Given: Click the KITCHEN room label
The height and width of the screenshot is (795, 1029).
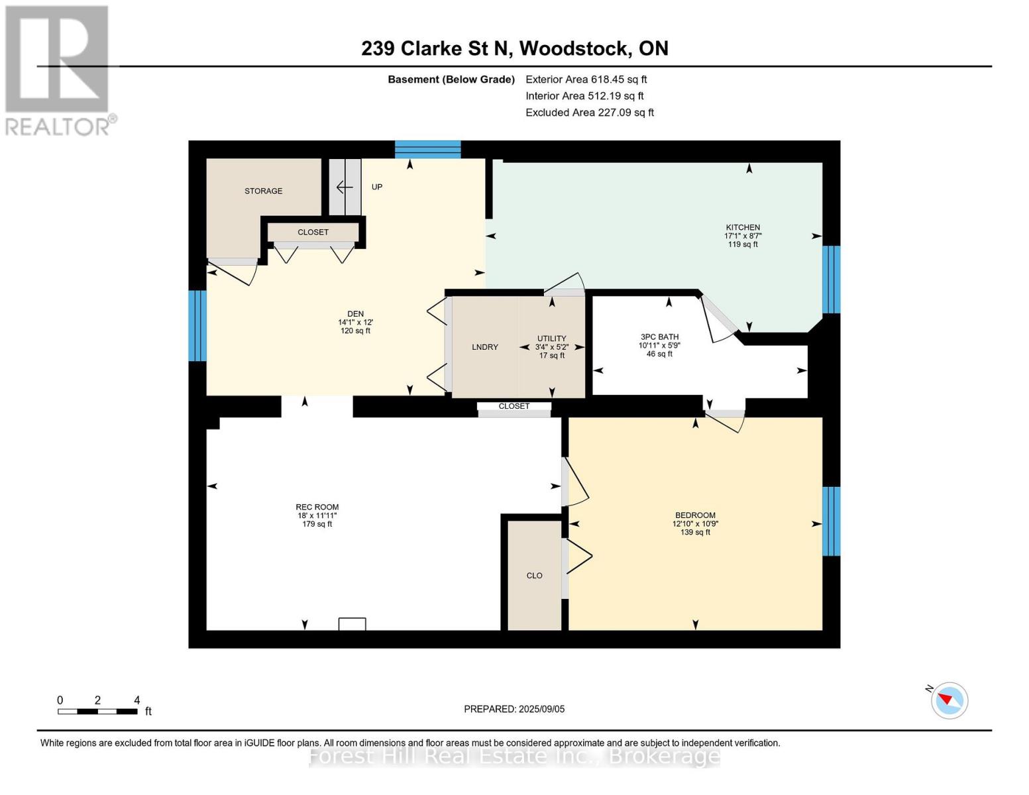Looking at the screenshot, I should pos(742,227).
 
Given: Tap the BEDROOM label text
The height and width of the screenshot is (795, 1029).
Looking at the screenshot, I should pos(695,515).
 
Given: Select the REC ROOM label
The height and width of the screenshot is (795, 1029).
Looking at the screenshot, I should pos(317,507).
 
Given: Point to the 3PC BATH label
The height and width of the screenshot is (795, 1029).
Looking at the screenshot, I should pos(659,337).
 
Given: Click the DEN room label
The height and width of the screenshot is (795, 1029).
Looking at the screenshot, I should pos(355,314).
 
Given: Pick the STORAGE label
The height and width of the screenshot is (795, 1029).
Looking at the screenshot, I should pos(263,191).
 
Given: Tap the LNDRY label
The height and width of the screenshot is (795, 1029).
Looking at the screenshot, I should pos(485,347).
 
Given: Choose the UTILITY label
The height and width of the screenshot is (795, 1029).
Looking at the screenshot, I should pos(551,339).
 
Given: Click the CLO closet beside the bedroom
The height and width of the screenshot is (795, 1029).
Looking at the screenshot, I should pos(534,576).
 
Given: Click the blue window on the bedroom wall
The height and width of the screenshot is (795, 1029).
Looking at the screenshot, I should pos(831,521).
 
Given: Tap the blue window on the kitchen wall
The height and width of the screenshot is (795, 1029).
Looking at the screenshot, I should pos(831,280).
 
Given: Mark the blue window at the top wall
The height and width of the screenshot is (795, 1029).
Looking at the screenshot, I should pos(427,150).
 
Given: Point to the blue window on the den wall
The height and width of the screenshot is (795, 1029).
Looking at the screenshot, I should pos(197,326).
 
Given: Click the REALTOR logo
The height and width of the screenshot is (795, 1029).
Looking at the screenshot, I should pos(58,70).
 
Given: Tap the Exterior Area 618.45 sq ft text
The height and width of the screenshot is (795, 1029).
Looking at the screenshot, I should pos(586,79).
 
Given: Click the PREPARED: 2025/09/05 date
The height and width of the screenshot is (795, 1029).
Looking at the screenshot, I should pos(514,709).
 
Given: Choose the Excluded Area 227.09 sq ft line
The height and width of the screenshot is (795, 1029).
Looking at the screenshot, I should pos(589,113).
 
